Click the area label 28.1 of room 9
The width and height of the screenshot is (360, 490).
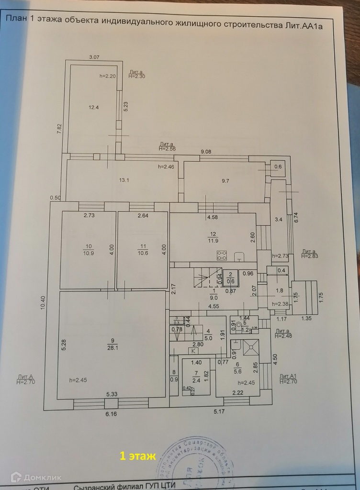tap(113, 348)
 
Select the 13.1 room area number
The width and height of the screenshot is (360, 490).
tap(124, 180)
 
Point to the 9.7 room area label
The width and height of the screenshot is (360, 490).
tap(225, 180)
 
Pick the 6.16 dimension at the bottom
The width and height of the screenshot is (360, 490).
tap(110, 413)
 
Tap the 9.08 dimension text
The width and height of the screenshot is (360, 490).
tap(206, 152)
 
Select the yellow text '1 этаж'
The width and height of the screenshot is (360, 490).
tap(137, 457)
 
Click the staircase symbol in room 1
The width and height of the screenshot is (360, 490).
tap(204, 278)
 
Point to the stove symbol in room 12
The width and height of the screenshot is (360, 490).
tap(222, 255)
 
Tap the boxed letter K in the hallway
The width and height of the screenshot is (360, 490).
tap(194, 350)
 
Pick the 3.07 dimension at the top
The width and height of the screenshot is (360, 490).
tap(94, 57)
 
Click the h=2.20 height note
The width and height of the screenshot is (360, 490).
tap(108, 76)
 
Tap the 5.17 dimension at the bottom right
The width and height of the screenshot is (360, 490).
tap(218, 411)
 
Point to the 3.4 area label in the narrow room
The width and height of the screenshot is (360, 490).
tap(278, 220)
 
